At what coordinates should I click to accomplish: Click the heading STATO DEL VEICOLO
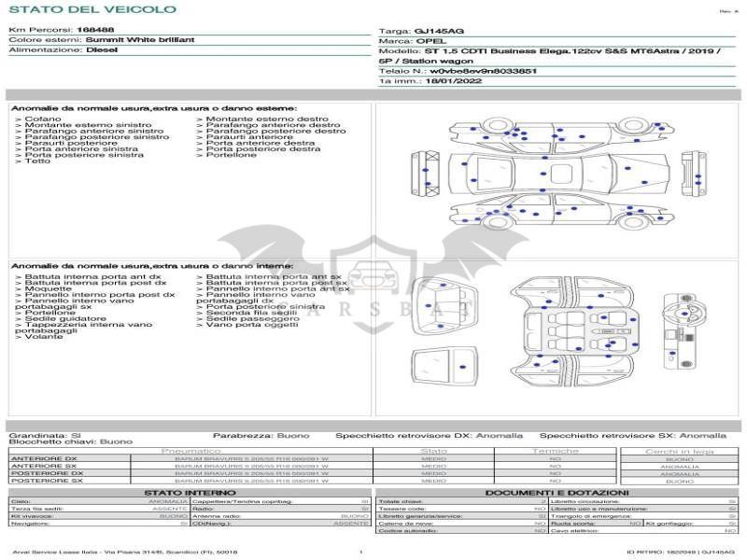coord(92,10)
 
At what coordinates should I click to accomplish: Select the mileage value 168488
coord(95,31)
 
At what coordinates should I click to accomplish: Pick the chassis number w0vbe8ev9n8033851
coord(484,70)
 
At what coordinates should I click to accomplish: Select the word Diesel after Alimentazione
coord(102,50)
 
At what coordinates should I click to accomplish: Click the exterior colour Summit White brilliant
coord(140,40)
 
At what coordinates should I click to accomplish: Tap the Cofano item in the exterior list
coord(43,119)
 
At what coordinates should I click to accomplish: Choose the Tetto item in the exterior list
coord(37,161)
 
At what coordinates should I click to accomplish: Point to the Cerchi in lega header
coord(679,451)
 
